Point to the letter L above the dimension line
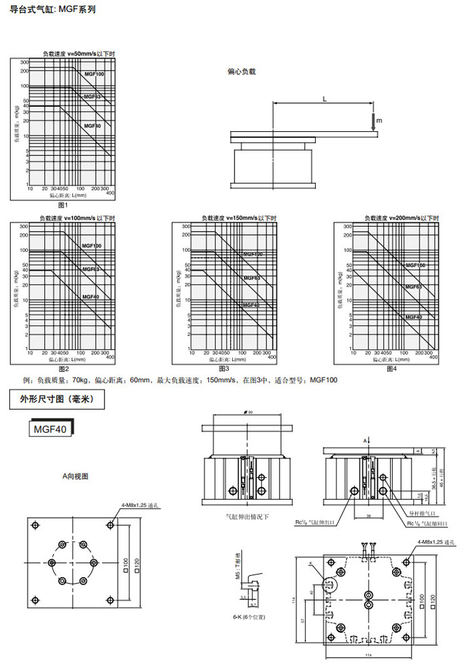[325, 99]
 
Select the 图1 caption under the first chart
[63, 205]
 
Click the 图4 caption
[392, 369]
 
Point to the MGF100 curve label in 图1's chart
[95, 74]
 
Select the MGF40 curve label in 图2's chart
[91, 296]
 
